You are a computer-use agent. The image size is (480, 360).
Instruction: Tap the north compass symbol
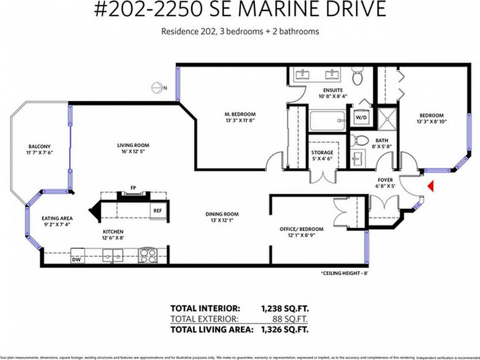click(158, 87)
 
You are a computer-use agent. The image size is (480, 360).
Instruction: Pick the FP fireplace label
click(133, 187)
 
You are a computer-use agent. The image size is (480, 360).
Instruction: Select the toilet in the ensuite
click(358, 76)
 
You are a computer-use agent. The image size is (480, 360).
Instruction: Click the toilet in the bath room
click(361, 139)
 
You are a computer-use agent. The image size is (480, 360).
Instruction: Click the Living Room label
click(133, 146)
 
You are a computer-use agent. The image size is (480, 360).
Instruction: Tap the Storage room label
click(322, 152)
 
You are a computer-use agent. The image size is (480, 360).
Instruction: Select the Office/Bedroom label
click(301, 229)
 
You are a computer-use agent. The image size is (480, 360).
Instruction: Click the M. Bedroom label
click(239, 114)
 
